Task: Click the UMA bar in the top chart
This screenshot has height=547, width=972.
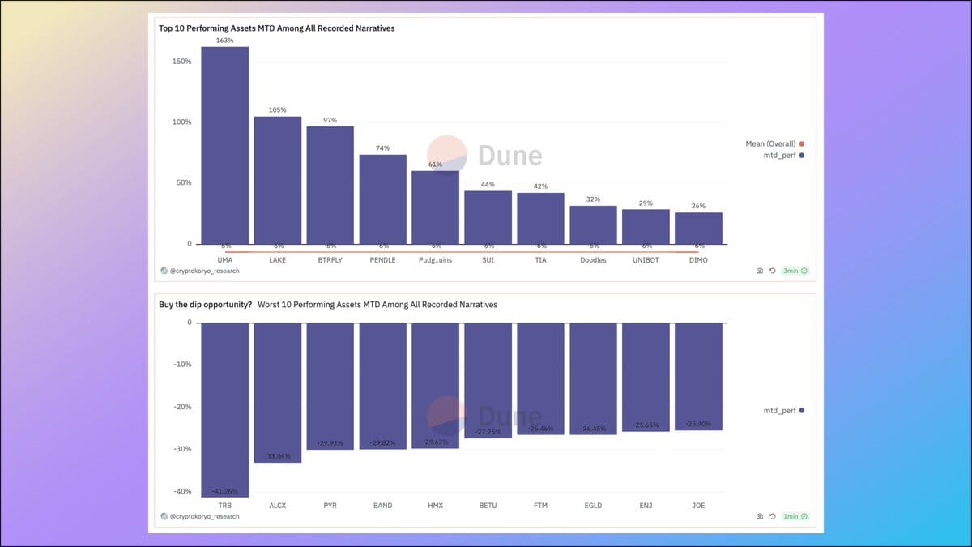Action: point(224,146)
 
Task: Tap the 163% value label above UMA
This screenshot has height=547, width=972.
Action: point(224,40)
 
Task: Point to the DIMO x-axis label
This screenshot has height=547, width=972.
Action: point(698,259)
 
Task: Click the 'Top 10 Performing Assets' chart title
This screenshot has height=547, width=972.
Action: point(276,28)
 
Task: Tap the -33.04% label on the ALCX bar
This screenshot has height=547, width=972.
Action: point(277,456)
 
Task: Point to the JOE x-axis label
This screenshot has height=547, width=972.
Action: point(698,506)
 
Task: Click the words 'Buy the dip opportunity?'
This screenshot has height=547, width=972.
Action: point(205,305)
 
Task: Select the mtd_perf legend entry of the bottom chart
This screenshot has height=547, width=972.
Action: point(782,411)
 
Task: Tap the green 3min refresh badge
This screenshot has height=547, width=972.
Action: point(795,271)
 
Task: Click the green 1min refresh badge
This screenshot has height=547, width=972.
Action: point(795,516)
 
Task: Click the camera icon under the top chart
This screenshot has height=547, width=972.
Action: point(760,271)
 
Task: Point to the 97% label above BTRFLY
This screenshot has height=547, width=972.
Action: point(330,120)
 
